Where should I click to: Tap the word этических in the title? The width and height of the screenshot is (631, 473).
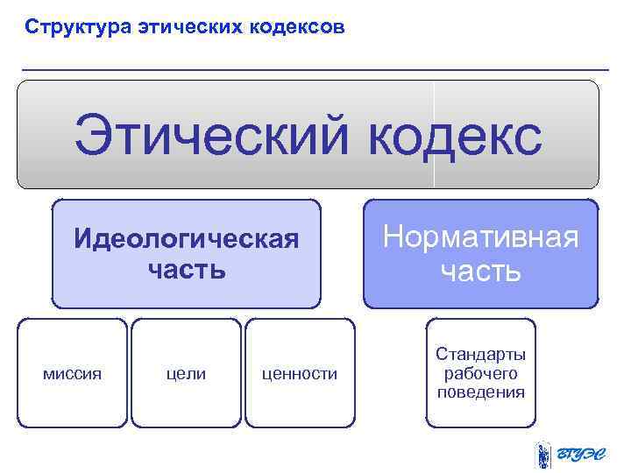pyautogui.click(x=186, y=27)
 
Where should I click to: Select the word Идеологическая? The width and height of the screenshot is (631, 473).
pyautogui.click(x=187, y=239)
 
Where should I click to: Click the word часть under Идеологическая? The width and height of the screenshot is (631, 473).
pyautogui.click(x=187, y=270)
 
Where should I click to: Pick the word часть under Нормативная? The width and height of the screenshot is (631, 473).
pyautogui.click(x=481, y=271)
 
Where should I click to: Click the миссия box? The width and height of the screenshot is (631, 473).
pyautogui.click(x=73, y=372)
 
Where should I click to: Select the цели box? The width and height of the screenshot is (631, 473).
pyautogui.click(x=186, y=372)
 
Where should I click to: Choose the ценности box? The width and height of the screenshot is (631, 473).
pyautogui.click(x=300, y=372)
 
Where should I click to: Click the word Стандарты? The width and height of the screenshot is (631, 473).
pyautogui.click(x=481, y=355)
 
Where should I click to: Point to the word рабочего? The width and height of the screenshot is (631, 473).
pyautogui.click(x=481, y=373)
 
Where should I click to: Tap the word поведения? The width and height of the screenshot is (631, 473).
pyautogui.click(x=481, y=392)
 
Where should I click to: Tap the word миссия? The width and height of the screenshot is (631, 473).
pyautogui.click(x=73, y=374)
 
